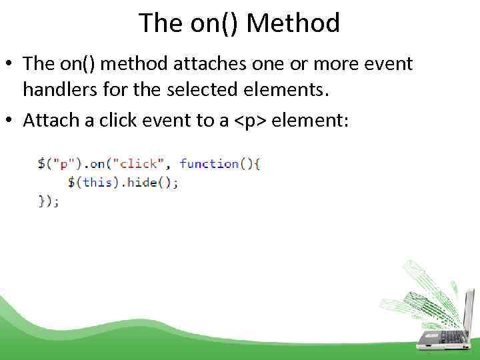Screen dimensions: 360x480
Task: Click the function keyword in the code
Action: (x=209, y=163)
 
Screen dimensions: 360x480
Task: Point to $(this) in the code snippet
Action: (x=91, y=182)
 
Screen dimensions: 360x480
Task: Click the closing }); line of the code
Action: (x=49, y=200)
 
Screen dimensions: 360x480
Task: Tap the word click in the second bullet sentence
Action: (x=113, y=120)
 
